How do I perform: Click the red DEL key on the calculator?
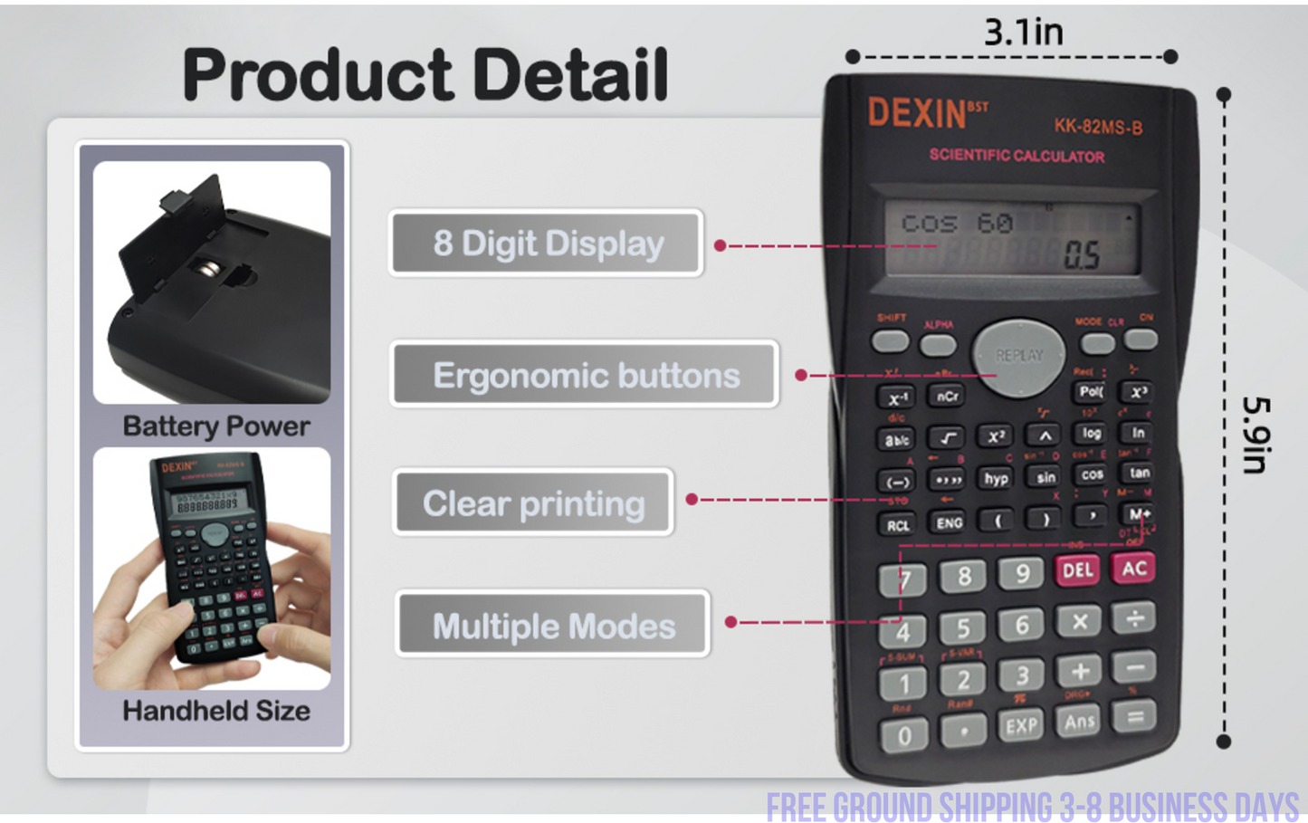(1077, 570)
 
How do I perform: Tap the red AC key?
(1133, 569)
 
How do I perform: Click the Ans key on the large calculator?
(1079, 722)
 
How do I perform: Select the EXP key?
(1021, 725)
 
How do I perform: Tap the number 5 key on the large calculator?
(962, 627)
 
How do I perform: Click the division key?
(1134, 619)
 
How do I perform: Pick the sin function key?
(1045, 477)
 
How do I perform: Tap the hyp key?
(996, 478)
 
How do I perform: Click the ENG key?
(949, 522)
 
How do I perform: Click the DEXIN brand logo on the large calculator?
(917, 113)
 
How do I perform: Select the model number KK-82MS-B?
(1098, 126)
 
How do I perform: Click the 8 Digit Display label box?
(547, 244)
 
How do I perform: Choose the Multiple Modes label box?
(553, 625)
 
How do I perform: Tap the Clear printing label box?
(533, 503)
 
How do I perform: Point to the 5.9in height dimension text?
(1256, 435)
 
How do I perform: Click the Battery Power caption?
(215, 426)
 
